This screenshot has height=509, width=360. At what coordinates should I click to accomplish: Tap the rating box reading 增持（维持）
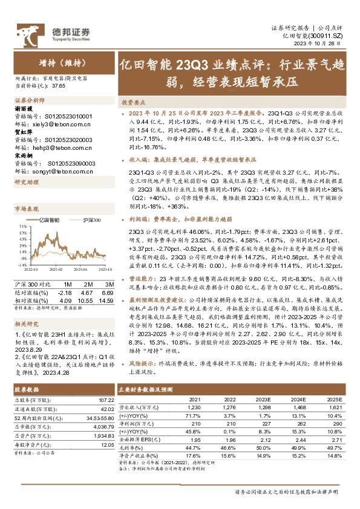pos(59,62)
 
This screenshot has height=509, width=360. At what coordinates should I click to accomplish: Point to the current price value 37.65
pos(59,86)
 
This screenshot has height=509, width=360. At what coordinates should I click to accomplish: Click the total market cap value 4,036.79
pos(102,409)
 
